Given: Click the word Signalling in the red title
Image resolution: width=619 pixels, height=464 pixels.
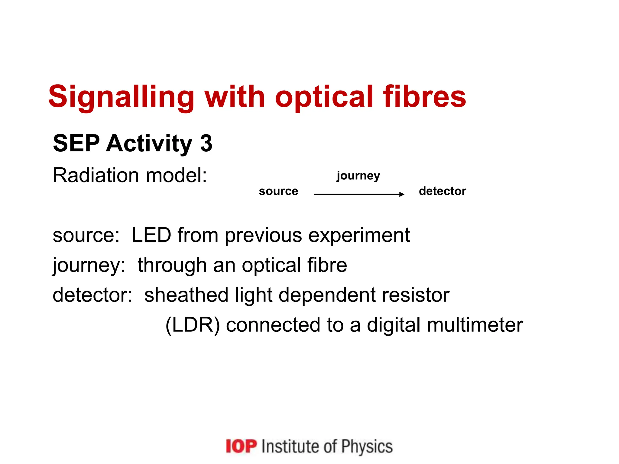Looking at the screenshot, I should tap(121, 97).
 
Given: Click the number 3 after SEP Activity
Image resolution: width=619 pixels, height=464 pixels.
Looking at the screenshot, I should tap(206, 143).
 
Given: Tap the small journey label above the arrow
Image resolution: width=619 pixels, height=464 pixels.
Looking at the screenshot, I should tap(358, 176).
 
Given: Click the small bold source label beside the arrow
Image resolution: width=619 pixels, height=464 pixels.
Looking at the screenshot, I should tap(278, 191).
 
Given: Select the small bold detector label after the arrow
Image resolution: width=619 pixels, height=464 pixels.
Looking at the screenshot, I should tap(442, 191).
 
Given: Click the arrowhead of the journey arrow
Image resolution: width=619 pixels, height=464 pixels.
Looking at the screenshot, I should tap(402, 194).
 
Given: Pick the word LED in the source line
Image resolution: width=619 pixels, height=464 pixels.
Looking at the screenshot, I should tap(151, 235).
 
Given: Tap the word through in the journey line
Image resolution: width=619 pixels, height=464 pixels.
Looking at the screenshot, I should tap(172, 265).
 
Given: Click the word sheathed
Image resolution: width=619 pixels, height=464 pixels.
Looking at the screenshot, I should tap(186, 295).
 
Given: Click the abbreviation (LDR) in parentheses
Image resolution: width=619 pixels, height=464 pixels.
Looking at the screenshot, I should tap(193, 325).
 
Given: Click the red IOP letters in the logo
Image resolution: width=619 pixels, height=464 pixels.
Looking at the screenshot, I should tap(241, 446).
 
